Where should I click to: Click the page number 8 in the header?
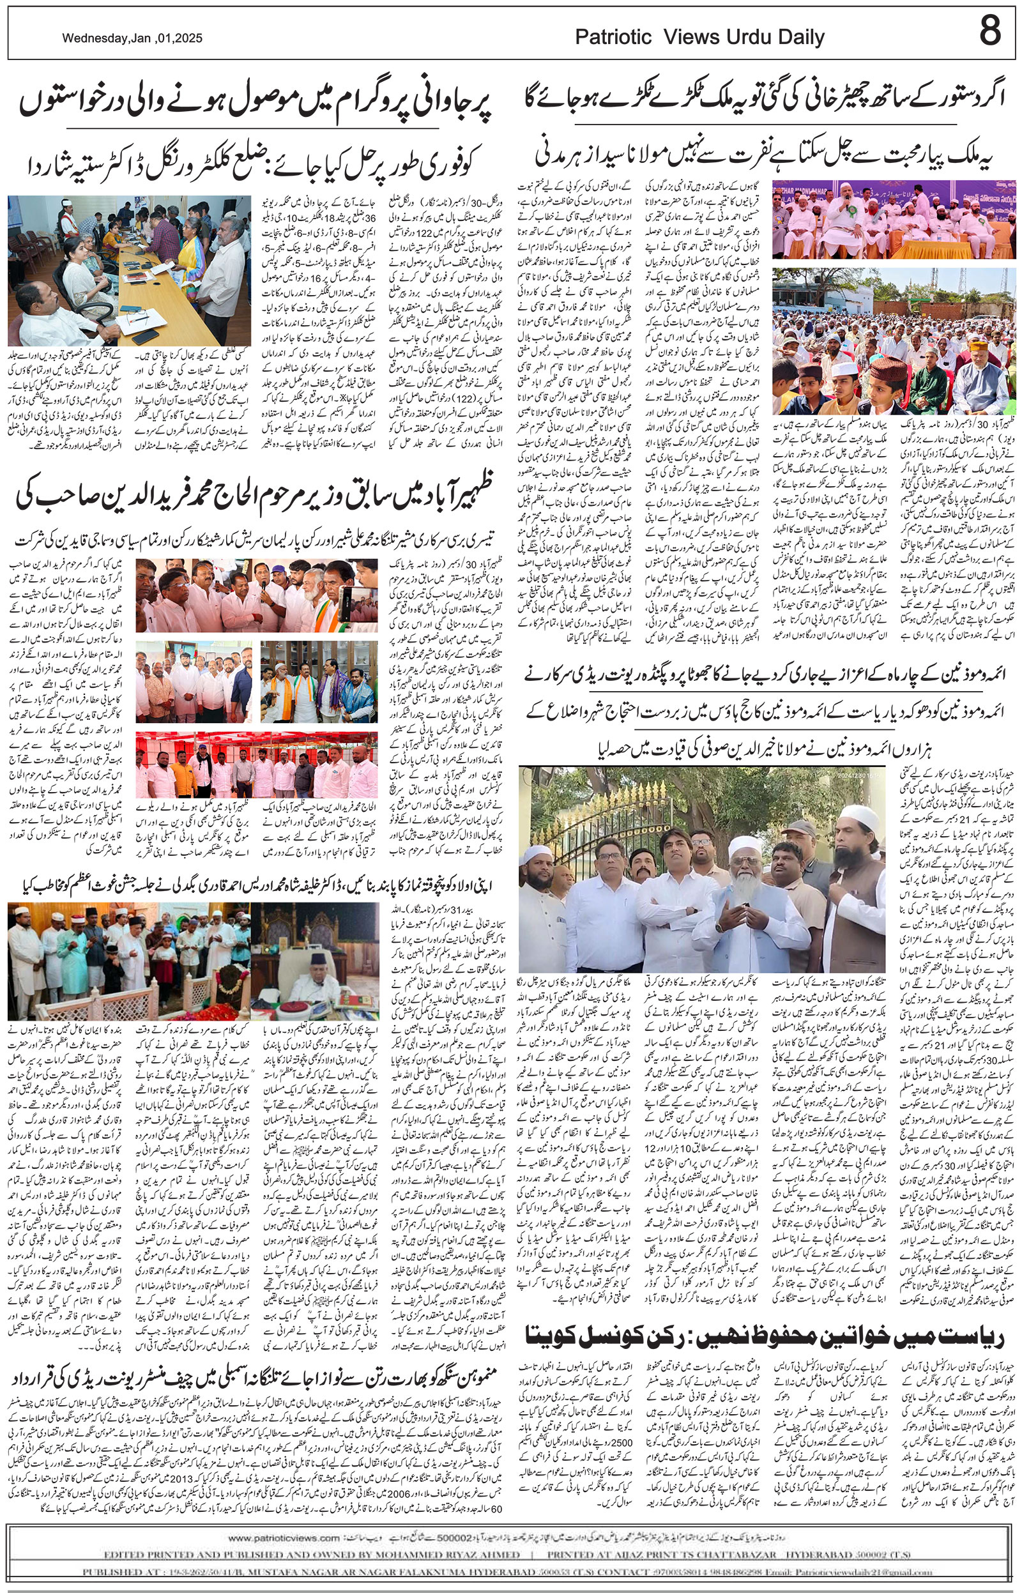(989, 31)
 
